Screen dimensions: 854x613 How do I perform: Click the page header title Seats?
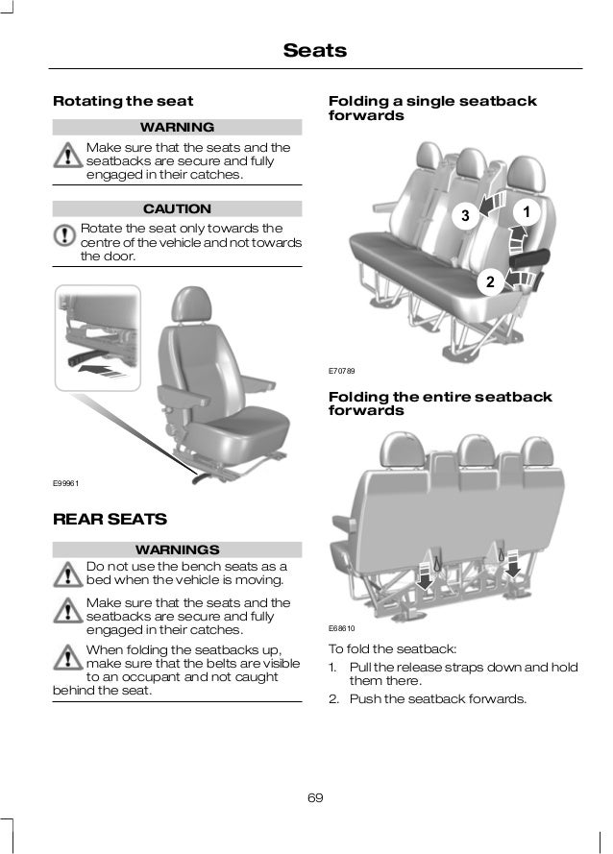click(314, 49)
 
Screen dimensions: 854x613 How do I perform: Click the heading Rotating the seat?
click(122, 101)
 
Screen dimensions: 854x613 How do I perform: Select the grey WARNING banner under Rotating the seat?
click(177, 128)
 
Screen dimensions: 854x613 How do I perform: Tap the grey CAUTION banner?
click(177, 208)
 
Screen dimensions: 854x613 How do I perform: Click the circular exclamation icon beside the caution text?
click(65, 235)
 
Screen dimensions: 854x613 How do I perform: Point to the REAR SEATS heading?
click(110, 520)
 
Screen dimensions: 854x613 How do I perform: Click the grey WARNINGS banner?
click(177, 550)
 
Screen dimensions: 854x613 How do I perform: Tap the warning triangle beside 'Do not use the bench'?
click(66, 573)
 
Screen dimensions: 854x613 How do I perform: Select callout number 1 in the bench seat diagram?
click(527, 209)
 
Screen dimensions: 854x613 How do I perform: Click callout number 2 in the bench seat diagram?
click(489, 282)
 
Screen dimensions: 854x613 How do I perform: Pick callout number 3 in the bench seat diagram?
click(464, 216)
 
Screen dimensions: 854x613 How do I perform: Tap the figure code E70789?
click(341, 370)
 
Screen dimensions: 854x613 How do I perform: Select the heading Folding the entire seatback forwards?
click(440, 403)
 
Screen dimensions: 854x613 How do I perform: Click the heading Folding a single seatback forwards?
click(432, 108)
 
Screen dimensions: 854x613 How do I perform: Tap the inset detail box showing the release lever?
click(97, 337)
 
